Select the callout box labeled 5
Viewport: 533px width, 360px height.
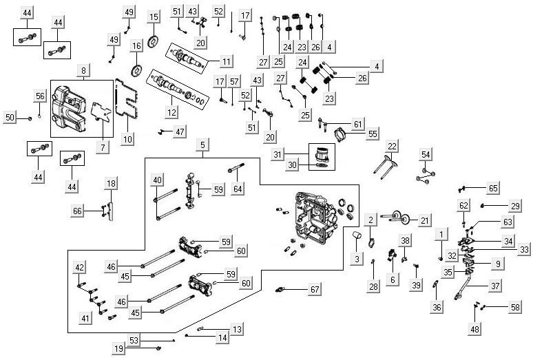coord(202,145)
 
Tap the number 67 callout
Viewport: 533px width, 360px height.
coord(315,290)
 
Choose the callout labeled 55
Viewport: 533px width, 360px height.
coord(373,134)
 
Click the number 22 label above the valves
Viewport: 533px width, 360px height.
coord(392,146)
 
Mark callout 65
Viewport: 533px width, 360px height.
coord(493,187)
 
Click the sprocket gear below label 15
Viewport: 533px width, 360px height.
coord(154,39)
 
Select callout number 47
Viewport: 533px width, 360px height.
coord(180,131)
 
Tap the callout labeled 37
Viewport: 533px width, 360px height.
coord(496,286)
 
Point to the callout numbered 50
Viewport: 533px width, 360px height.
coord(10,118)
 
